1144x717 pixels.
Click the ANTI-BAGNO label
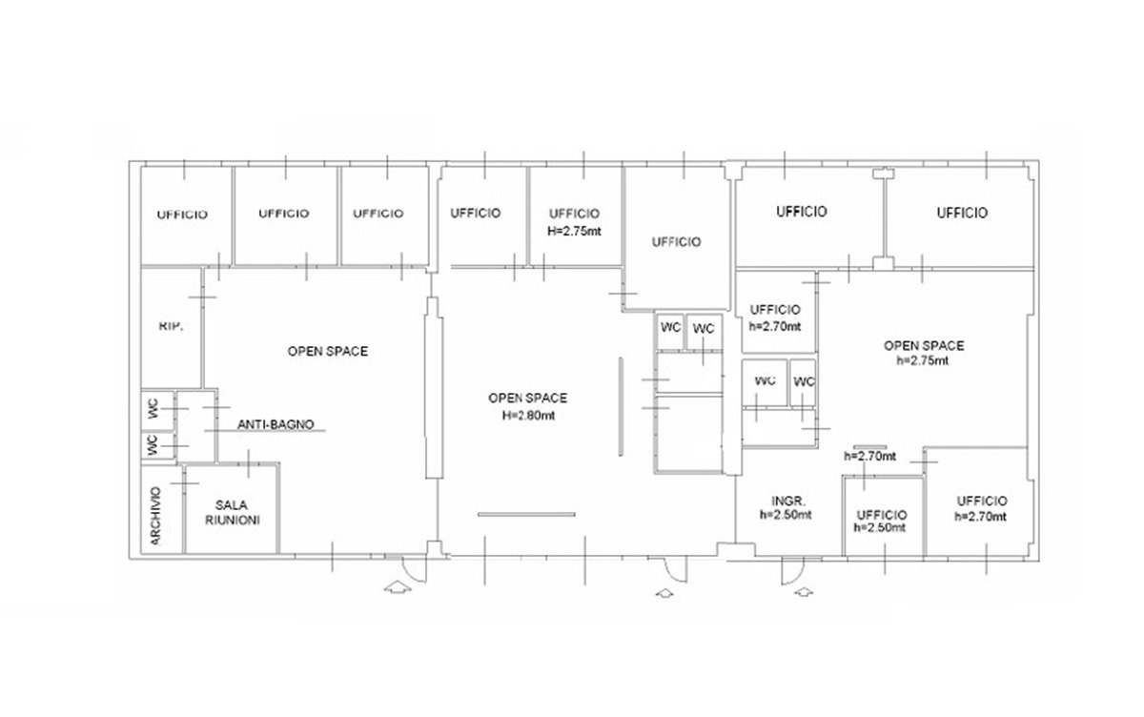(x=276, y=424)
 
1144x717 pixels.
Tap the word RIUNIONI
(x=233, y=520)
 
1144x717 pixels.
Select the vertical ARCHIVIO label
(x=156, y=516)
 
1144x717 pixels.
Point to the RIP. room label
(x=171, y=326)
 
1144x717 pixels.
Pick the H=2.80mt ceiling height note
(x=528, y=415)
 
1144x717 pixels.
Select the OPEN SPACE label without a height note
(x=328, y=352)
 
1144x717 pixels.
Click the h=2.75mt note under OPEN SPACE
(x=923, y=360)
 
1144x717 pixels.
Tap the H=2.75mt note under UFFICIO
(x=575, y=231)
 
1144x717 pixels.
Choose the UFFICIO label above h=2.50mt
(x=882, y=515)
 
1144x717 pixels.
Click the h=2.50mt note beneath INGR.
(x=786, y=515)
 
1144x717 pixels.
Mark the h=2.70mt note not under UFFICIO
(x=869, y=456)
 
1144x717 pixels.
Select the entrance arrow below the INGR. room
(x=804, y=592)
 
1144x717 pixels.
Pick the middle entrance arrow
(x=664, y=593)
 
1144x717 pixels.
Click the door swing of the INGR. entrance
(x=792, y=571)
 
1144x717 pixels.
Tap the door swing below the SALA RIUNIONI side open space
(x=415, y=569)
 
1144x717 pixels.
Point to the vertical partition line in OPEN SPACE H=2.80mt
(x=621, y=406)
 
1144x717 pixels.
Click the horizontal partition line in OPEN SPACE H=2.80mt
(x=526, y=514)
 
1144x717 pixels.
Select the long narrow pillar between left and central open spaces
(x=434, y=388)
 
